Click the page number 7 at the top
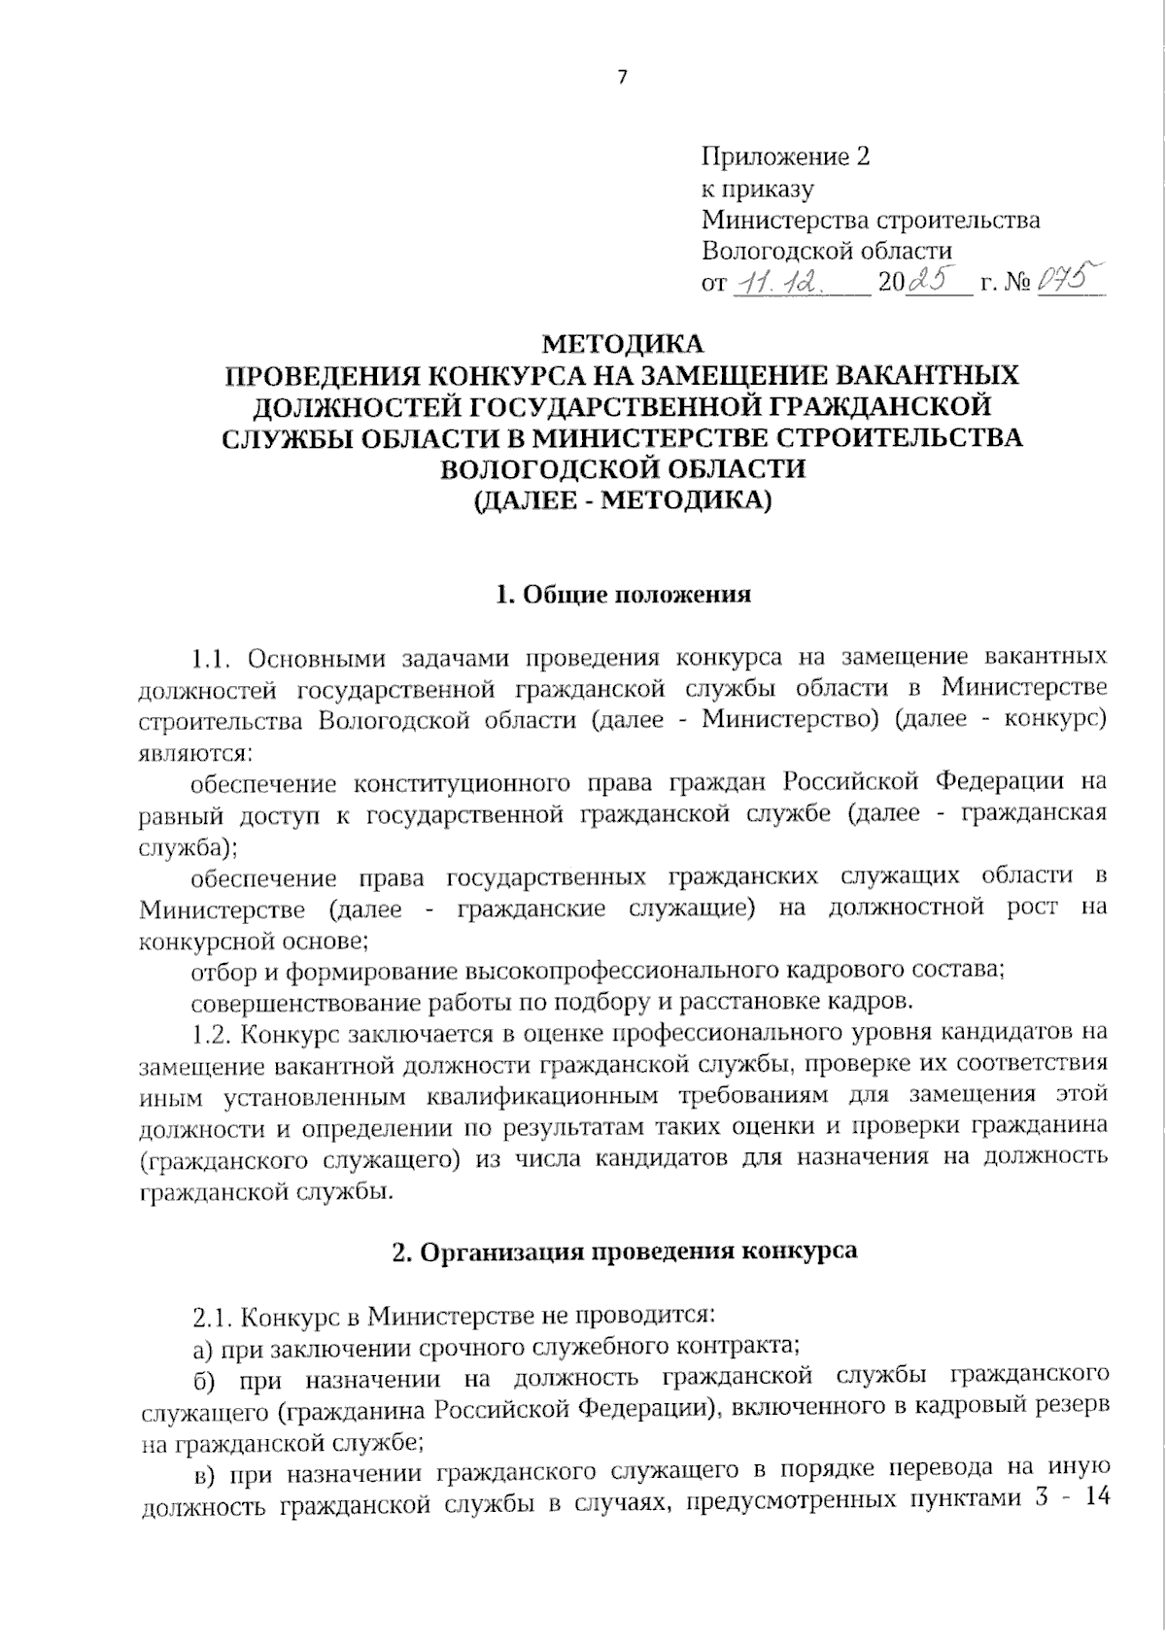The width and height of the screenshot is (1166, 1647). coord(623,78)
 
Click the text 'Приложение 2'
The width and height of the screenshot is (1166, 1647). coord(785,156)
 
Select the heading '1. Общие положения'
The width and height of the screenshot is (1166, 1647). coord(623,595)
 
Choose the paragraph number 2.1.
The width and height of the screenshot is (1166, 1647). coord(213,1318)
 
